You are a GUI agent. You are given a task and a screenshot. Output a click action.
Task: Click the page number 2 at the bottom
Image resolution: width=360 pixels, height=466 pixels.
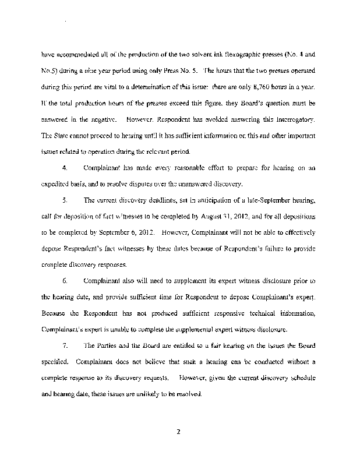pyautogui.click(x=180, y=432)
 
